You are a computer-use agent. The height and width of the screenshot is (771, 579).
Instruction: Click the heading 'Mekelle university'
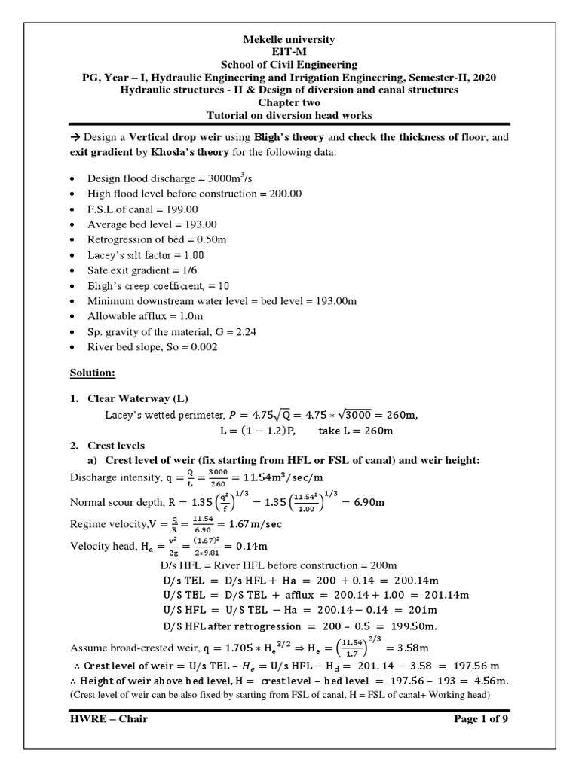coord(289,39)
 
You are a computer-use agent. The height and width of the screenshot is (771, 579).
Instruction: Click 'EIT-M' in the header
coord(289,52)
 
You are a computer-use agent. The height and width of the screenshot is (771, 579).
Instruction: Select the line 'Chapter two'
coord(289,102)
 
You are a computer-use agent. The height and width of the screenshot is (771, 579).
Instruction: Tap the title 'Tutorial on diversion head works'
coord(289,115)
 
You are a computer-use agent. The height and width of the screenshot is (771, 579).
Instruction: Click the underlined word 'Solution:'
coord(91,373)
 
